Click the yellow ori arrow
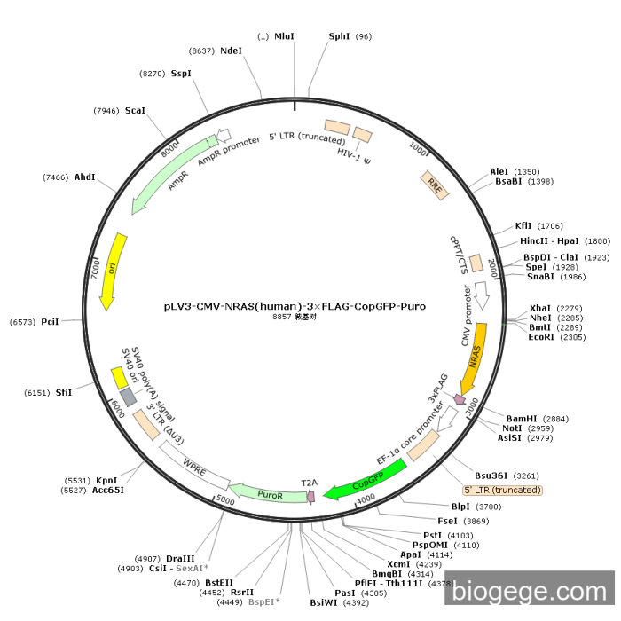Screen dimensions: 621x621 click(114, 271)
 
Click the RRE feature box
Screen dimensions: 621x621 click(435, 185)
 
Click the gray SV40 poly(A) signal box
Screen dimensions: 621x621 click(129, 397)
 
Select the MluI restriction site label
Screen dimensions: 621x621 click(285, 36)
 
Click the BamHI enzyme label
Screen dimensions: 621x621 click(522, 419)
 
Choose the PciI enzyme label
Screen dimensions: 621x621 click(50, 322)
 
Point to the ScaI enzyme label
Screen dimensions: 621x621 click(135, 111)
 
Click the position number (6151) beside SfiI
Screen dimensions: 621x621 click(37, 393)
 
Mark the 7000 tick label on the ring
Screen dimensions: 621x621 click(96, 269)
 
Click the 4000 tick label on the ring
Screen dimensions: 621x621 click(366, 499)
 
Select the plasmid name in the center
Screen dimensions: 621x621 click(295, 307)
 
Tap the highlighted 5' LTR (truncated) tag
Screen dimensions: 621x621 click(502, 491)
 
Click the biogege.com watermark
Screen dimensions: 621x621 click(529, 592)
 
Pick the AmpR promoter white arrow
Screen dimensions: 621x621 click(224, 135)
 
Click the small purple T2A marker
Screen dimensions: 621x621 click(311, 497)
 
